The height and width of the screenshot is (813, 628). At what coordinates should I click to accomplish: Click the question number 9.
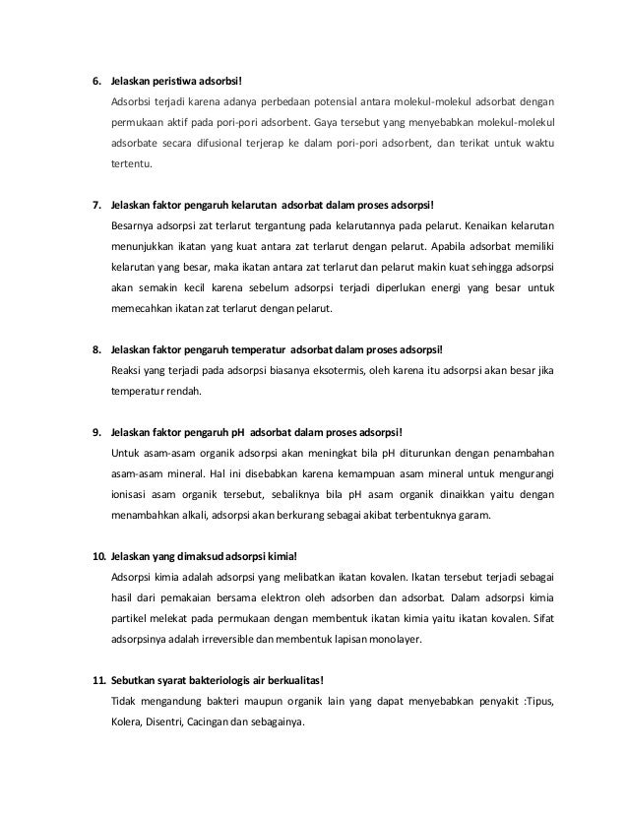tap(96, 432)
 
